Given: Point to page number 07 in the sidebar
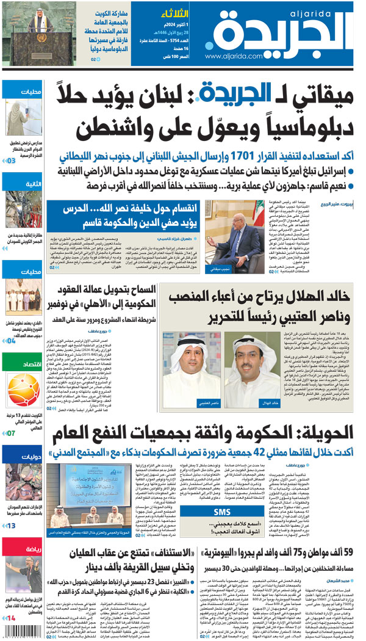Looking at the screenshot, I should tap(12, 433).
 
